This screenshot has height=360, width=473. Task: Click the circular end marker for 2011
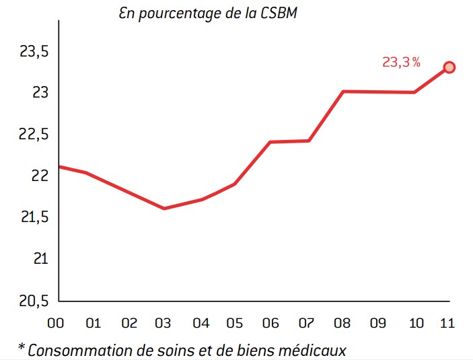point(449,67)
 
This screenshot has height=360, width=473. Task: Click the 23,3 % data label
point(401,63)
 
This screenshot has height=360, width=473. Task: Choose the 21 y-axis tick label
point(40,259)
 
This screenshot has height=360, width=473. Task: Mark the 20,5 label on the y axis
point(30,300)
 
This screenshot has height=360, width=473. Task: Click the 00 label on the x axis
point(56,324)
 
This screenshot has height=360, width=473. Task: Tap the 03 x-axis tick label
point(164,324)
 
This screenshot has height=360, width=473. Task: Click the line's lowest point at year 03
point(164,209)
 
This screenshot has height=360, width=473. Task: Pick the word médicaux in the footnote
point(315,350)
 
